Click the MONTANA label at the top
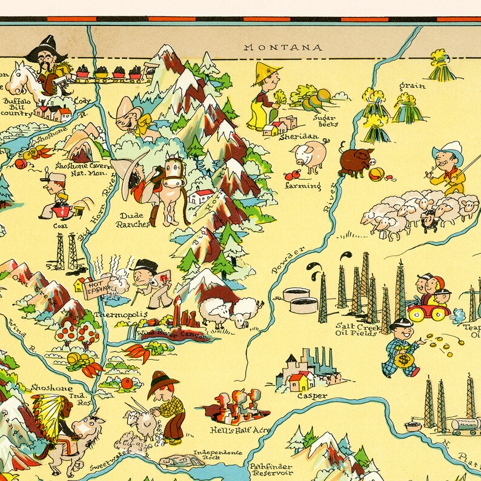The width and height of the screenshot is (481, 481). coord(282,47)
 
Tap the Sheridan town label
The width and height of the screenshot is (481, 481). coord(299,137)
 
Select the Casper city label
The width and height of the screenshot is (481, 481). coord(312,396)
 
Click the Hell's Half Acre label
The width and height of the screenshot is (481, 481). coord(239,430)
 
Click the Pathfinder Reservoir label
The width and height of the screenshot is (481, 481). coord(271,471)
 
